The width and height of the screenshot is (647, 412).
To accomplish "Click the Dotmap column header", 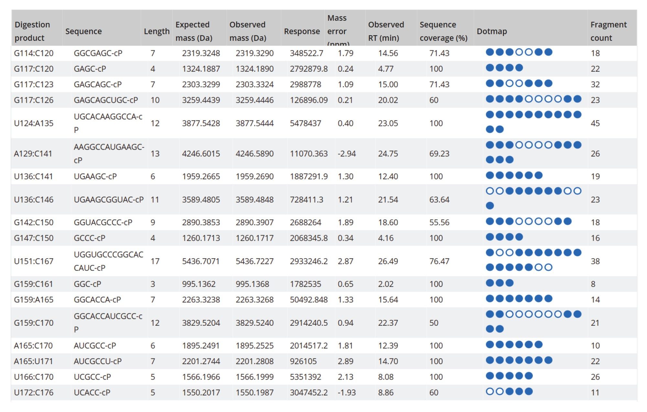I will point(491,31).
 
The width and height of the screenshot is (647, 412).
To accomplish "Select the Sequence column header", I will point(83,31).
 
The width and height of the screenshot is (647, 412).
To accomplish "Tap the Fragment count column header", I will point(608,31).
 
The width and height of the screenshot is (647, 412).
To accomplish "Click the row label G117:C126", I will point(34,100).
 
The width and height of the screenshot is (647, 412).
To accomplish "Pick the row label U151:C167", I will point(34,261).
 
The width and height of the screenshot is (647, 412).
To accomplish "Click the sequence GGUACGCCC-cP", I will point(103,222).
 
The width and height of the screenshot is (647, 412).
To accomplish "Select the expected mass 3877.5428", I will point(201,123).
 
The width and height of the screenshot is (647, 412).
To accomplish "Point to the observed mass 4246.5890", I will point(254,153).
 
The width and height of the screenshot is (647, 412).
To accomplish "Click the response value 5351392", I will point(305,377).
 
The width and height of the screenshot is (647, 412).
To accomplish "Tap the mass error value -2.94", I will point(346,153).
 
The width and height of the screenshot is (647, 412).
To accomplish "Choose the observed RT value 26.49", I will point(388,261).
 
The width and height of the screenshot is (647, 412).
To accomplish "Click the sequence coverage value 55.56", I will point(439,222).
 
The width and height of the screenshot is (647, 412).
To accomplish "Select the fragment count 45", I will point(595,123).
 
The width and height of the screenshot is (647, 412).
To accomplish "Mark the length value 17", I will point(155,261).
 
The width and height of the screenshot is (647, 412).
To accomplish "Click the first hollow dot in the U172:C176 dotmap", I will point(490,391).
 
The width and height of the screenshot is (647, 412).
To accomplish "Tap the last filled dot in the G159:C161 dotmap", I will point(509,283).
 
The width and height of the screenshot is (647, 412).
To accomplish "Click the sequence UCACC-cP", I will point(92,392).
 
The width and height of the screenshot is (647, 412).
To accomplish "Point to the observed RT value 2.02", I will point(386,284).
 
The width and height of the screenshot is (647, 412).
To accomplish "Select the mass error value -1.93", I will point(346,392).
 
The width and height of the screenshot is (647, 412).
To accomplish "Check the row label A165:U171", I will point(33,361).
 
